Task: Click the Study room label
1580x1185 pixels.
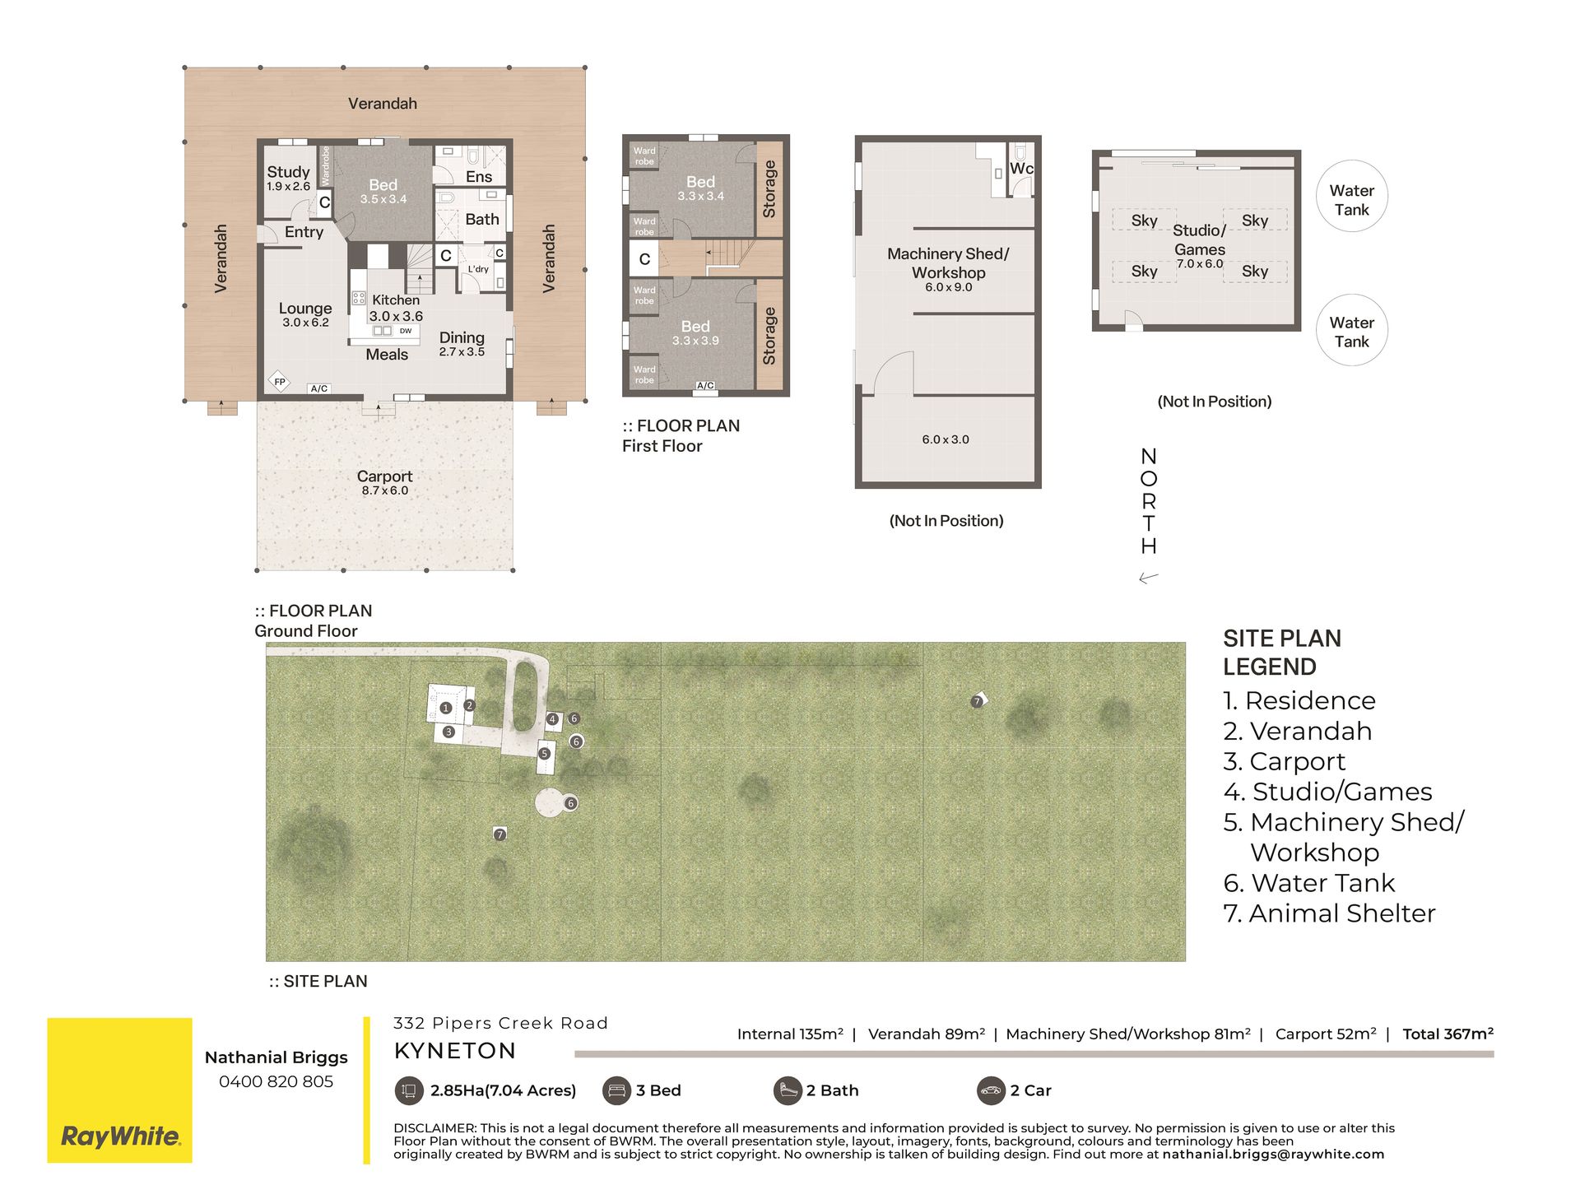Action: point(288,172)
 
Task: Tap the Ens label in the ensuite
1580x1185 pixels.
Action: point(479,177)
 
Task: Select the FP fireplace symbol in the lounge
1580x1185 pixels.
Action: point(280,382)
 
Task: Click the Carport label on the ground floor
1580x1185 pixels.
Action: point(384,476)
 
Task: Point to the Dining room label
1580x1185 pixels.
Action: point(462,337)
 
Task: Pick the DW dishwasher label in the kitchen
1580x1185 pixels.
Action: point(406,331)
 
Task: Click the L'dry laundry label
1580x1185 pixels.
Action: point(478,269)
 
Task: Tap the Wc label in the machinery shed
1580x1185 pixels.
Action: point(1021,169)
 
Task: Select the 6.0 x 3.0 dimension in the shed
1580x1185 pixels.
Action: point(946,439)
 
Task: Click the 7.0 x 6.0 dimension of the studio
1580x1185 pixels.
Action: point(1200,264)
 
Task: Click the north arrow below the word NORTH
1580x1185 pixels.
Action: point(1149,578)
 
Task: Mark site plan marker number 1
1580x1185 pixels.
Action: point(446,708)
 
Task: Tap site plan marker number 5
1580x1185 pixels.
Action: point(544,754)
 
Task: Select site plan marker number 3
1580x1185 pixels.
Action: point(448,732)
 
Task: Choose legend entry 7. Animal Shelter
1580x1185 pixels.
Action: point(1329,913)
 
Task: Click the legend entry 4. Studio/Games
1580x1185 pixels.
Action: point(1327,792)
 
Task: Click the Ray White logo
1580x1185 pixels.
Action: point(120,1137)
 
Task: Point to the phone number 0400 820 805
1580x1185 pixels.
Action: point(276,1082)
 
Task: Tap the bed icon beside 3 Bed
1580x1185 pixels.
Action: point(616,1091)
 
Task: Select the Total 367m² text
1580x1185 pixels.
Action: point(1448,1034)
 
